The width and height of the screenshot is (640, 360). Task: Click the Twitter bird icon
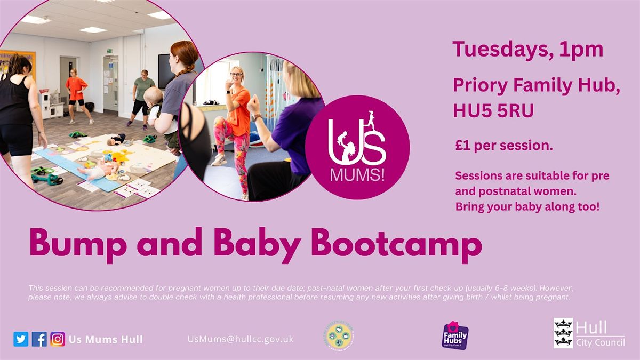coord(21,339)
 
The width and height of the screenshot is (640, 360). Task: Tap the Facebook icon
coord(39,339)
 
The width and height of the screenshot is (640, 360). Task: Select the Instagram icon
coord(58,339)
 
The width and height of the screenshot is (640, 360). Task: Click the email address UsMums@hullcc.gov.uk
coord(241,339)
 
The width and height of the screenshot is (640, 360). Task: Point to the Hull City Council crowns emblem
coord(563,333)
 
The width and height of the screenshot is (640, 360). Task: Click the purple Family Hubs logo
coord(455,335)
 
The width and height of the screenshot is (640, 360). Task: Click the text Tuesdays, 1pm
coord(527,50)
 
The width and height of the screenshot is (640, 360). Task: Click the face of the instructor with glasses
coord(236,76)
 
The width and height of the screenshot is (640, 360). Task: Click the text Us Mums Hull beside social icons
coord(106,339)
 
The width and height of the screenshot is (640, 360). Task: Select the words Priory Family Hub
coord(536,85)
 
